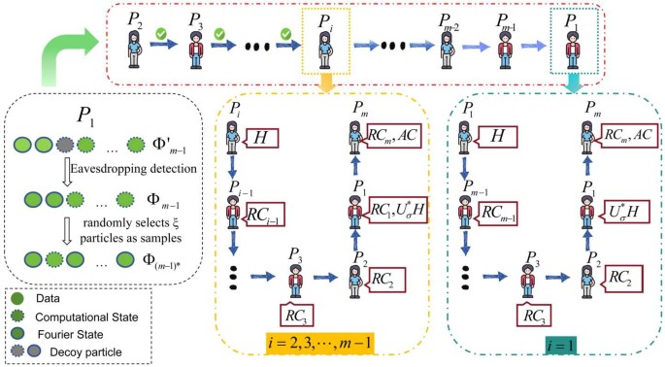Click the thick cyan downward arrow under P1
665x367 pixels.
[574, 85]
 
